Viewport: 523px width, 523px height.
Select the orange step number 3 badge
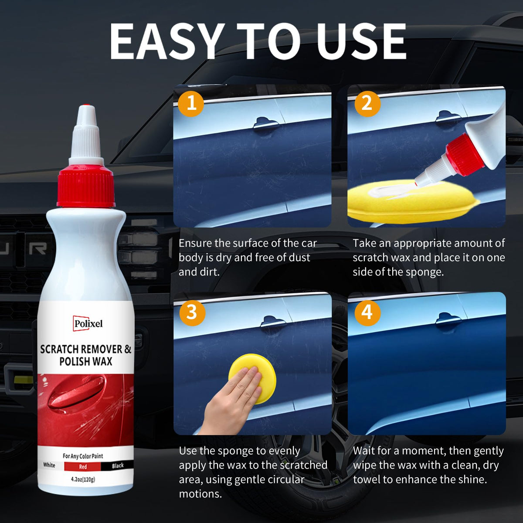pyautogui.click(x=192, y=312)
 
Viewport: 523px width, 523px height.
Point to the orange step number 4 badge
pyautogui.click(x=367, y=312)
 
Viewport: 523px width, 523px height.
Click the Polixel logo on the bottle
pyautogui.click(x=88, y=323)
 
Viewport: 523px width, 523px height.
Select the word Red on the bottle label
pyautogui.click(x=83, y=466)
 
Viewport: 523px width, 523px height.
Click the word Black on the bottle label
pyautogui.click(x=118, y=466)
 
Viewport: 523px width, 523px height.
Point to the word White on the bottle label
pyautogui.click(x=49, y=465)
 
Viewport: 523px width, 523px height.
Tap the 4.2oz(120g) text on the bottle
pyautogui.click(x=83, y=479)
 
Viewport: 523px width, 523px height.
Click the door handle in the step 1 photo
pyautogui.click(x=265, y=123)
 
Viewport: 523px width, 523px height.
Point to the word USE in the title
pyautogui.click(x=361, y=41)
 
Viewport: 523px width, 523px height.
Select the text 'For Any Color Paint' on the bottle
pyautogui.click(x=83, y=456)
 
